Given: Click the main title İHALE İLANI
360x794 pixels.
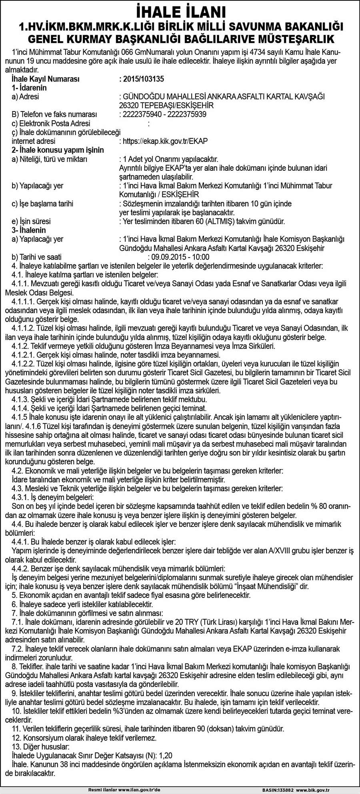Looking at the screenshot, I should tap(180, 11).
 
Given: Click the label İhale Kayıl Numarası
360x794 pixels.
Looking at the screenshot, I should tap(46, 79).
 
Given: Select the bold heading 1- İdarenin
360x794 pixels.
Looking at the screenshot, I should tap(29, 88).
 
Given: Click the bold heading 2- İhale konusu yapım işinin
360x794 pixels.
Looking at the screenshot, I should tap(58, 150).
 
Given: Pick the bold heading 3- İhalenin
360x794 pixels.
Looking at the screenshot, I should tap(29, 230).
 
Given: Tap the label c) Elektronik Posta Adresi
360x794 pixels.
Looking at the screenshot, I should tap(51, 124).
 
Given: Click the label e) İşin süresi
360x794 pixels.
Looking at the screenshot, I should tap(31, 221).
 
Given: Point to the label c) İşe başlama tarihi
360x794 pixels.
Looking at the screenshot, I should tap(42, 203).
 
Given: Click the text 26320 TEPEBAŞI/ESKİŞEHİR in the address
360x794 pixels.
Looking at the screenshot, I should tap(166, 106).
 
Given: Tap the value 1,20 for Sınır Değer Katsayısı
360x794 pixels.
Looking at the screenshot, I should tap(166, 755).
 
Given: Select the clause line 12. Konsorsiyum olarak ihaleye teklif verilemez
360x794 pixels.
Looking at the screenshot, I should tap(84, 738).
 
